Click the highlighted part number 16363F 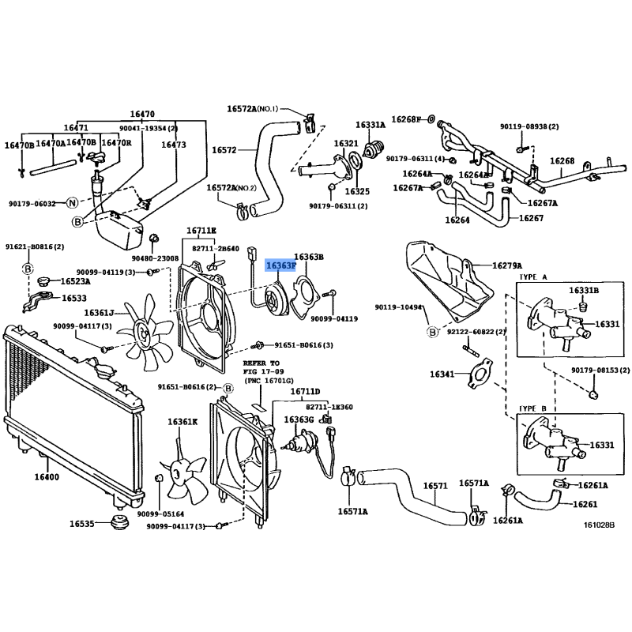pyautogui.click(x=281, y=265)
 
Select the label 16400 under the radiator pyautogui.click(x=47, y=477)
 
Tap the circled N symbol pyautogui.click(x=72, y=203)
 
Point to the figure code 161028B pyautogui.click(x=600, y=525)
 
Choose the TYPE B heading pyautogui.click(x=532, y=408)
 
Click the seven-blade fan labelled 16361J pyautogui.click(x=145, y=333)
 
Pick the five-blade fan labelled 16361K pyautogui.click(x=183, y=475)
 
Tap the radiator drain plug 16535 pyautogui.click(x=119, y=523)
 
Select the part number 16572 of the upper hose pyautogui.click(x=224, y=150)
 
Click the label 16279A pyautogui.click(x=507, y=265)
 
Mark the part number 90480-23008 pyautogui.click(x=155, y=258)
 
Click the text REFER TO pyautogui.click(x=261, y=363)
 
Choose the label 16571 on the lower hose pyautogui.click(x=435, y=486)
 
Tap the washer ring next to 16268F pyautogui.click(x=431, y=119)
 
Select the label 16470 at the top pyautogui.click(x=142, y=114)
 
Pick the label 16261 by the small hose pyautogui.click(x=585, y=504)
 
